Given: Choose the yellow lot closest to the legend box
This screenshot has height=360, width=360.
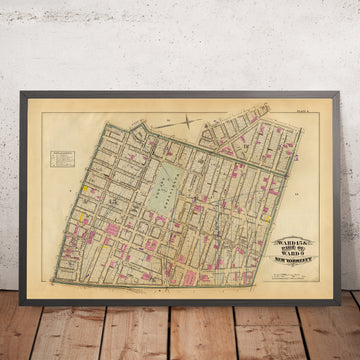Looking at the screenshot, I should tap(88, 186).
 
